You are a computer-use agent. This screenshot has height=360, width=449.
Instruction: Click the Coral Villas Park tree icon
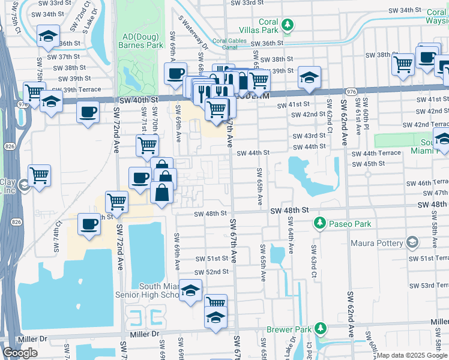(289, 25)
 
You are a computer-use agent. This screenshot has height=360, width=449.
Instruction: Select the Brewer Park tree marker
(321, 328)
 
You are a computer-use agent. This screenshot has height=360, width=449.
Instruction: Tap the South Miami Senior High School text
(159, 290)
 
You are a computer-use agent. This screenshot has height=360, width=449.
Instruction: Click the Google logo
(20, 353)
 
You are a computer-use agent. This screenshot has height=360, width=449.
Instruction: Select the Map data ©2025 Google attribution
(412, 355)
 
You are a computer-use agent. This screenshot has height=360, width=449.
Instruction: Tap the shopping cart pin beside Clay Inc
(40, 176)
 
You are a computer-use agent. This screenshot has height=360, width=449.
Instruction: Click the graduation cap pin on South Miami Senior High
(191, 292)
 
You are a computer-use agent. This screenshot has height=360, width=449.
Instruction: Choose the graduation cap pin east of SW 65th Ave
(309, 77)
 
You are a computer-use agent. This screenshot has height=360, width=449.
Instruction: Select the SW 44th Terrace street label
(382, 154)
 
